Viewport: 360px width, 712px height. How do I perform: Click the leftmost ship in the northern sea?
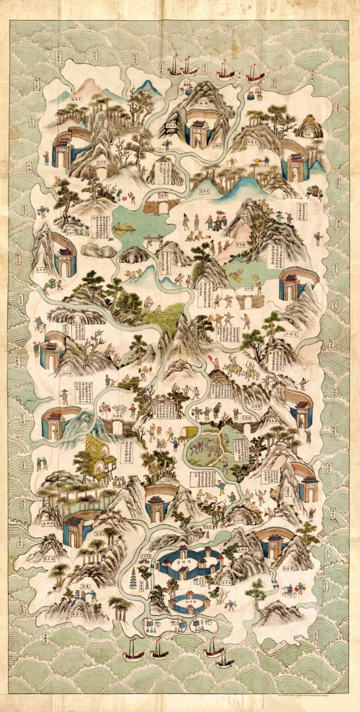click(175, 67)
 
